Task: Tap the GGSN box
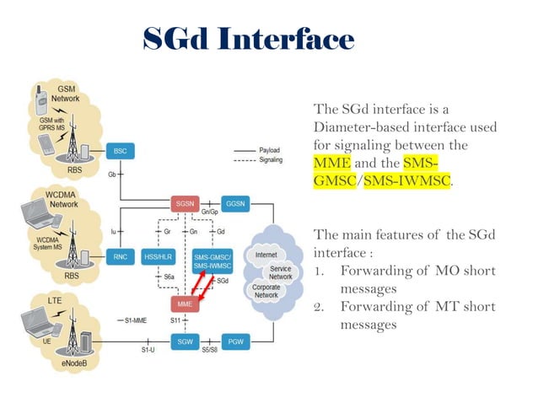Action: (x=234, y=203)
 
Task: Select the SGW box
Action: (x=185, y=341)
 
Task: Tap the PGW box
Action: (x=235, y=341)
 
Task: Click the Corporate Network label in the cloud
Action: (x=266, y=292)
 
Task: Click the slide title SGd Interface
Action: (x=247, y=40)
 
